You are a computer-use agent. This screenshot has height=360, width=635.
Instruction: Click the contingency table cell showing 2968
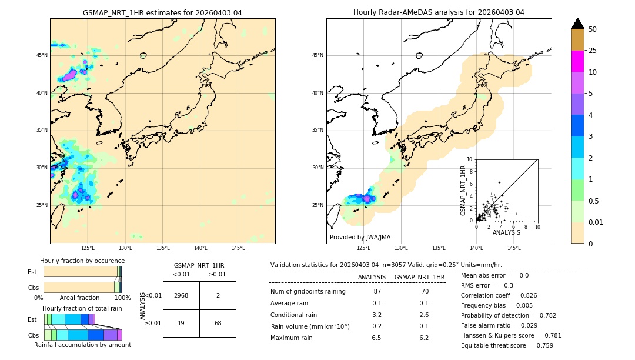181,295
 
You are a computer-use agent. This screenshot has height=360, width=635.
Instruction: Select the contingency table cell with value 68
218,323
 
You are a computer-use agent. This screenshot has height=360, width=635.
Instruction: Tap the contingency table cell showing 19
181,323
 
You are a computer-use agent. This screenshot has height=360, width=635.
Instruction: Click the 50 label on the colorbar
593,29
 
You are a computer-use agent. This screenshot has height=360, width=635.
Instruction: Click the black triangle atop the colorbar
578,24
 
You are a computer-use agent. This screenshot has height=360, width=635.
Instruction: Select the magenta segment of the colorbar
578,61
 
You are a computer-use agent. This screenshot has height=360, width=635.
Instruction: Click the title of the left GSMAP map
162,13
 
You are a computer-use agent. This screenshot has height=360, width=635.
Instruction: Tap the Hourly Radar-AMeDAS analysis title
439,12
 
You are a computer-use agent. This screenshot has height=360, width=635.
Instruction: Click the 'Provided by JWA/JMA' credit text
360,237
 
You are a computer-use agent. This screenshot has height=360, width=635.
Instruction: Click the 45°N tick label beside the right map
317,55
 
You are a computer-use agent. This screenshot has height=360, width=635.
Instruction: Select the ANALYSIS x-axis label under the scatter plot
506,233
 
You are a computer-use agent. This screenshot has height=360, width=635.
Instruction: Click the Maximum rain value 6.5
376,338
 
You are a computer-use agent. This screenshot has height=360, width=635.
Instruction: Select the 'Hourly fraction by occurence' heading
82,261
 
